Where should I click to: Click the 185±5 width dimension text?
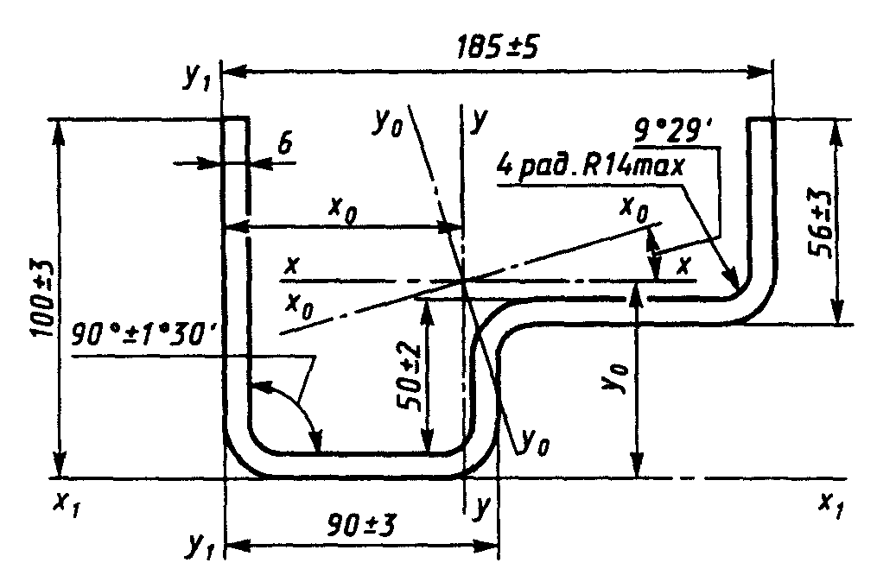(x=497, y=48)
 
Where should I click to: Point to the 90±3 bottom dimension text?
(x=362, y=525)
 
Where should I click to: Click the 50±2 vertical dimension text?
(x=410, y=377)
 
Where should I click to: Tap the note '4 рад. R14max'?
(x=590, y=167)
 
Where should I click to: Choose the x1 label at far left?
(x=67, y=503)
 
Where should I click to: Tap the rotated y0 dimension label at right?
(x=616, y=377)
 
